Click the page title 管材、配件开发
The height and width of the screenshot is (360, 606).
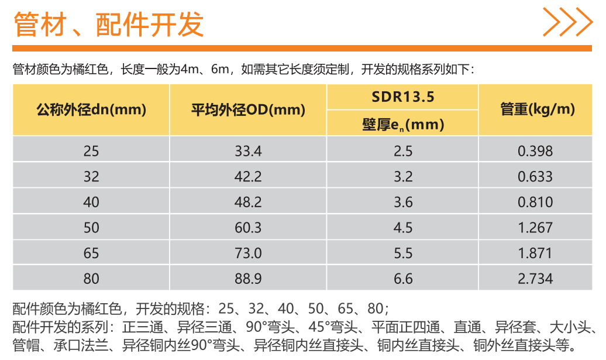coord(109,25)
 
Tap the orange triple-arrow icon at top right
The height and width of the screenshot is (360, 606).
coord(567,22)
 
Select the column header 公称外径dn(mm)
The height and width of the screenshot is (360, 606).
coord(91,109)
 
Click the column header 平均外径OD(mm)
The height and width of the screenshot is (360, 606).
coord(248,109)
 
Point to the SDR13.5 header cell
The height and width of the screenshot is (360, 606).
coord(403,97)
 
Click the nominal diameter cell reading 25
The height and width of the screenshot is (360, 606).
coord(91,151)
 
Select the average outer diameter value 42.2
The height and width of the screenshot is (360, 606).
coord(248,177)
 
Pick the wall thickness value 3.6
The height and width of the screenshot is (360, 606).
coord(403,202)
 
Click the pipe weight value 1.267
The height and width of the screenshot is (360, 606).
coord(535,228)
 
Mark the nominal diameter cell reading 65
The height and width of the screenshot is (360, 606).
coord(91,253)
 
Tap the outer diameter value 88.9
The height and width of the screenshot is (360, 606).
coord(248,279)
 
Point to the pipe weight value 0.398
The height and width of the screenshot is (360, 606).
coord(535,151)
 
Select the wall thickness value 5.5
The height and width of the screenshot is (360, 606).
coord(403,253)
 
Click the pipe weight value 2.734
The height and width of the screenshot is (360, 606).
coord(535,279)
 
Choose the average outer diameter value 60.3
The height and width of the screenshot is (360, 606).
coord(248,228)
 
